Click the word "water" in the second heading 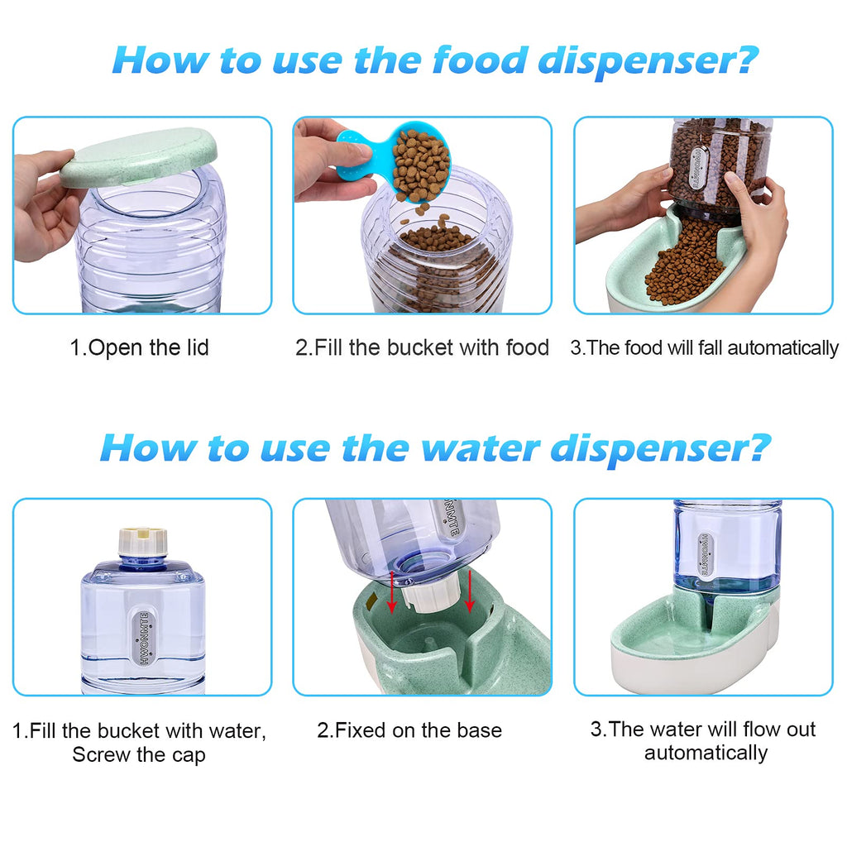(481, 448)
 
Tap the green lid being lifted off (139, 157)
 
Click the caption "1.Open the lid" (139, 347)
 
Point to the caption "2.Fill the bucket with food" (422, 347)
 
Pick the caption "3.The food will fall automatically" (705, 348)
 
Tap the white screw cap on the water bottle (142, 541)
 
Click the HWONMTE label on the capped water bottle (144, 638)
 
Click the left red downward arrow (392, 591)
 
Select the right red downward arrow (470, 591)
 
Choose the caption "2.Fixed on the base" (409, 730)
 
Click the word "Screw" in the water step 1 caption (100, 754)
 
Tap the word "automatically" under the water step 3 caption (706, 753)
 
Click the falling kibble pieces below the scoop (429, 213)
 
